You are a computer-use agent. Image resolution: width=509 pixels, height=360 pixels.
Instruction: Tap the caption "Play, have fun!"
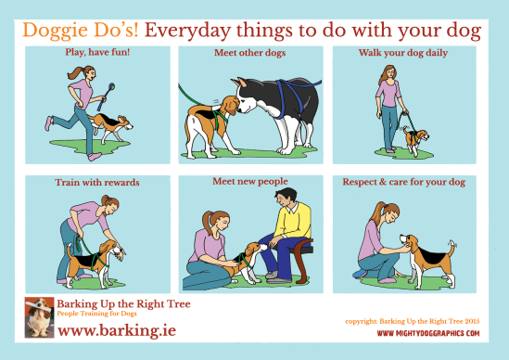(x=97, y=54)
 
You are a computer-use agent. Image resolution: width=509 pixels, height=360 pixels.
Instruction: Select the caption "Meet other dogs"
(x=249, y=54)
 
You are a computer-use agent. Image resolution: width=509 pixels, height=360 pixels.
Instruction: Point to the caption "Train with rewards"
(x=98, y=183)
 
